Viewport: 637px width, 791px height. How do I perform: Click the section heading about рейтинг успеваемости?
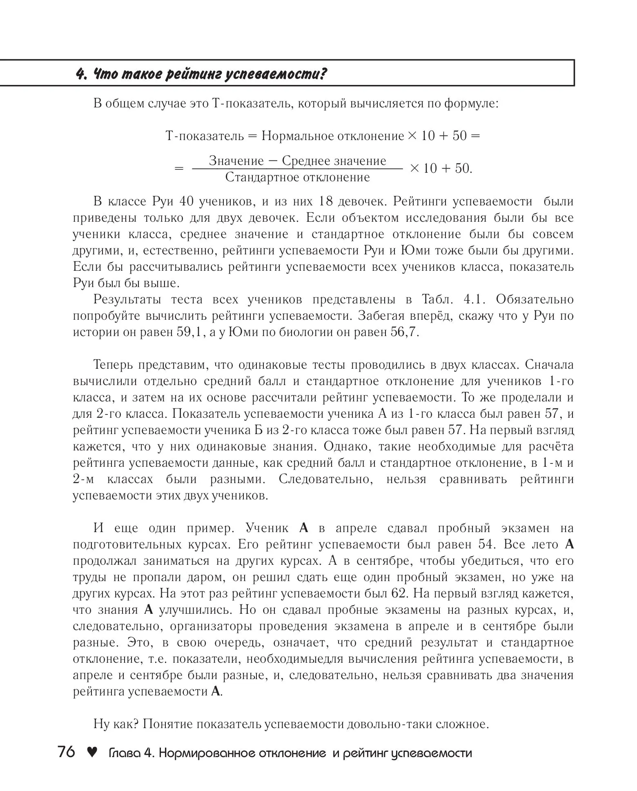point(202,74)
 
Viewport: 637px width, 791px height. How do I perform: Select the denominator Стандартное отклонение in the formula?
point(297,177)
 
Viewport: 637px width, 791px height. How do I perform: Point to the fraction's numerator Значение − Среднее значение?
point(297,160)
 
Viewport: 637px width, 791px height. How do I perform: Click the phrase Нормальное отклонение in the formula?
point(332,136)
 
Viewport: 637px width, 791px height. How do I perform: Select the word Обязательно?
point(535,299)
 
